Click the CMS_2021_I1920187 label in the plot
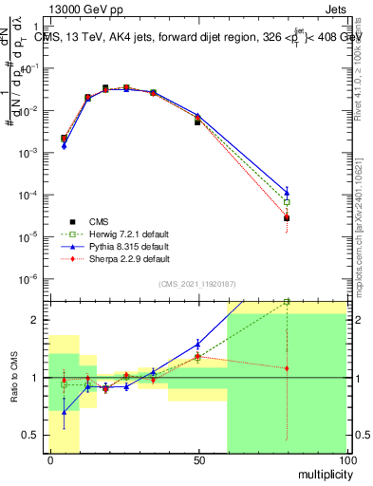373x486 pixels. click(196, 284)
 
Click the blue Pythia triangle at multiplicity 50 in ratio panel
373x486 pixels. click(197, 344)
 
